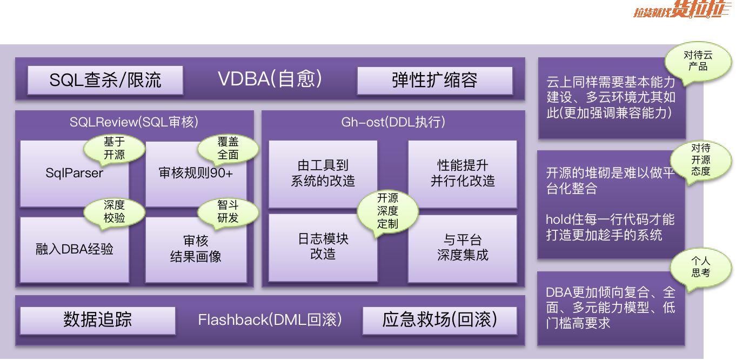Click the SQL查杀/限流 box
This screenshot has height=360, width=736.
click(x=105, y=80)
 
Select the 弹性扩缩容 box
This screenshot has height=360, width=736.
click(x=434, y=81)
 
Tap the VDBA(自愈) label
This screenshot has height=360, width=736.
click(x=270, y=79)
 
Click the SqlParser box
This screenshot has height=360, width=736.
click(x=74, y=174)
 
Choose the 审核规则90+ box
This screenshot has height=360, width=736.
click(x=196, y=174)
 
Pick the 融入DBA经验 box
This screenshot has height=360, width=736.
click(x=74, y=249)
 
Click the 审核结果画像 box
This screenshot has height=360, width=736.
click(x=196, y=249)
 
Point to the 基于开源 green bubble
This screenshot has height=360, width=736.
click(x=115, y=149)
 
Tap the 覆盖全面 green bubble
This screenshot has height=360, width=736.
click(x=228, y=149)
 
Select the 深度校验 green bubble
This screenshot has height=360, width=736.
click(x=115, y=212)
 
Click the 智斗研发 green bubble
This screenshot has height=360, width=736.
click(x=228, y=212)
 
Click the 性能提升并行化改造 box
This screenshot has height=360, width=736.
click(x=463, y=174)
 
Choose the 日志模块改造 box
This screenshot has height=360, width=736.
click(x=323, y=247)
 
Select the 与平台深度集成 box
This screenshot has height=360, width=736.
click(x=463, y=248)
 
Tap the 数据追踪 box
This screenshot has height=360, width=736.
click(x=98, y=320)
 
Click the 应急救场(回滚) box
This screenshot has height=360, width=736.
click(x=440, y=320)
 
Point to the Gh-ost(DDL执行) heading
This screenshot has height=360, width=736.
click(x=393, y=122)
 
